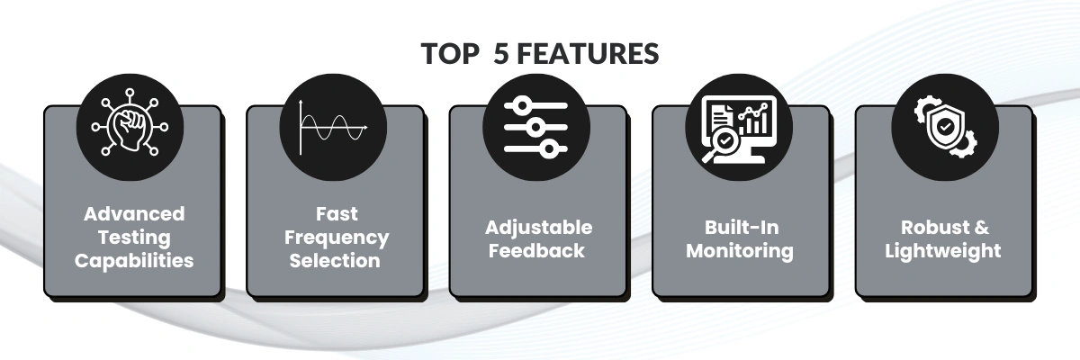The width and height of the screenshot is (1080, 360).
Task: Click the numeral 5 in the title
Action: tap(501, 54)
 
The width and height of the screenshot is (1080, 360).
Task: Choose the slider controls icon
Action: tap(536, 127)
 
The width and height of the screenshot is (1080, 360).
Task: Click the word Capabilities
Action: tap(133, 261)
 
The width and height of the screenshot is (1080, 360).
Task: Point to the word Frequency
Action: tap(337, 238)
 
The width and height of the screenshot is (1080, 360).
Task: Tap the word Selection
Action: tap(337, 261)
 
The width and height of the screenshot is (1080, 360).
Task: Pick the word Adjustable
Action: tap(538, 227)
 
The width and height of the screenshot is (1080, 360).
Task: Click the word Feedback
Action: tap(538, 250)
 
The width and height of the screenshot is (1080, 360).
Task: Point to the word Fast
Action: tap(337, 214)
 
